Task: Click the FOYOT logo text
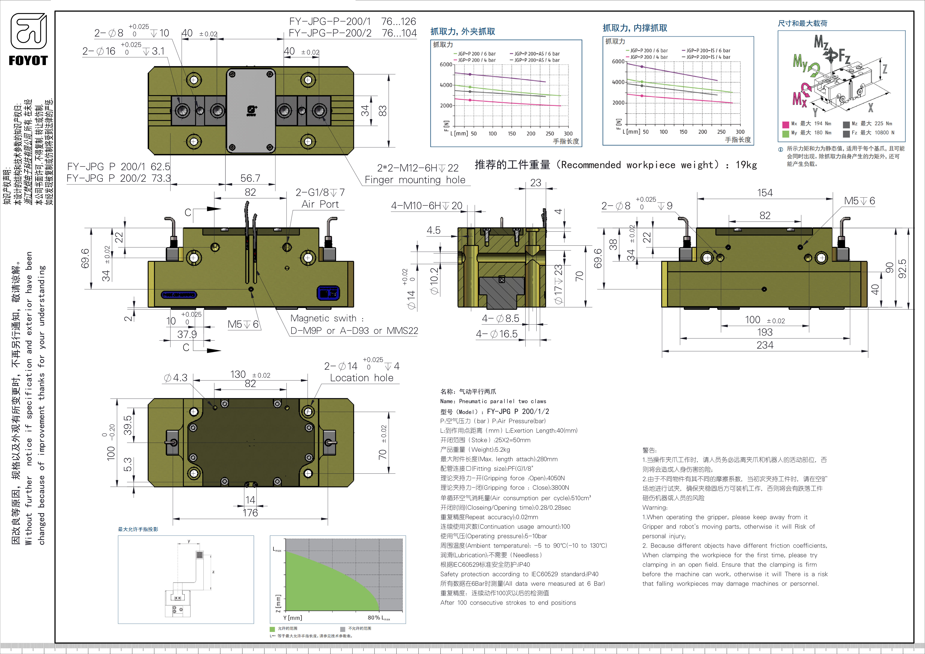[x=28, y=61]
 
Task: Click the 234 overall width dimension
[x=765, y=345]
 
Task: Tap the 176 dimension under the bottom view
[x=250, y=513]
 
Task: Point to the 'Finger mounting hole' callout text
[x=415, y=180]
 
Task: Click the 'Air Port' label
[x=320, y=204]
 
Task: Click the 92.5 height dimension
[x=902, y=269]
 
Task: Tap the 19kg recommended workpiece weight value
[x=746, y=165]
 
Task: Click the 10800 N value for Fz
[x=884, y=133]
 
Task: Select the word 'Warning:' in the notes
[x=655, y=507]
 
